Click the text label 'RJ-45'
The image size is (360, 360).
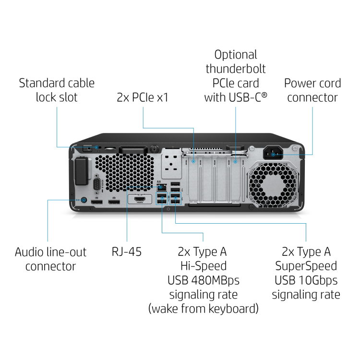[x=127, y=252]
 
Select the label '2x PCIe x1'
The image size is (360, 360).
[x=143, y=97]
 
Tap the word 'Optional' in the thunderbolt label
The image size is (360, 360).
[x=236, y=55]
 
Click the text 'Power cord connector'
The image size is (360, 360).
[x=312, y=90]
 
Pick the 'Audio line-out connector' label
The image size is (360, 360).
[x=50, y=259]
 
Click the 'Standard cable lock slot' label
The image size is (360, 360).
[x=57, y=90]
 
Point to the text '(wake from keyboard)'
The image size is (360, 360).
[x=204, y=308]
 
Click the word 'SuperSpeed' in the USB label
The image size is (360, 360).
[x=306, y=265]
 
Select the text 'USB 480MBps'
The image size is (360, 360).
[x=204, y=280]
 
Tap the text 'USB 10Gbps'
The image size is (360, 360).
[x=306, y=280]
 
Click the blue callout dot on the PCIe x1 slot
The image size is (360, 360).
[x=194, y=162]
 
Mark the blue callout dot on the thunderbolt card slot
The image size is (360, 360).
[x=236, y=162]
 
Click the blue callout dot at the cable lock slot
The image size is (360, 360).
[x=96, y=147]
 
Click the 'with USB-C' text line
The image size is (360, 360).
[x=236, y=97]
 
